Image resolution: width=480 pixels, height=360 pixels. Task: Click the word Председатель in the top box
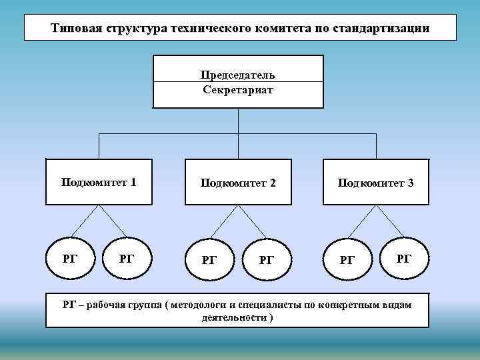[x=238, y=74]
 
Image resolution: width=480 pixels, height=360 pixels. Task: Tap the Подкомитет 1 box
[x=99, y=181]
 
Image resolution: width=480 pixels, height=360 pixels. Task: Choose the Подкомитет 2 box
[x=238, y=182]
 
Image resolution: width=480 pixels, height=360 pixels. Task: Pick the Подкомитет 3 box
[x=375, y=182]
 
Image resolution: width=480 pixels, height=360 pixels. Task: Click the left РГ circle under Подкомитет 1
[x=69, y=258]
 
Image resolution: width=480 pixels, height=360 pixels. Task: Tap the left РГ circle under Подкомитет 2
[x=209, y=259]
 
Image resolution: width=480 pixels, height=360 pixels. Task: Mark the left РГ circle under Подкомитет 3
[x=347, y=259]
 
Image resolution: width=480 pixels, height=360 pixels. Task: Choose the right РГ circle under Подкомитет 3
[x=403, y=257]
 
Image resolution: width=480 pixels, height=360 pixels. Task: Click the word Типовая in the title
[x=74, y=29]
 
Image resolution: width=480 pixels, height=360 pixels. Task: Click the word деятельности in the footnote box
[x=233, y=317]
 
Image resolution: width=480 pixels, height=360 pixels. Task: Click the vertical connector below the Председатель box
[x=238, y=121]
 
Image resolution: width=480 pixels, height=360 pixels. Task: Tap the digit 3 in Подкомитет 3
[x=410, y=182]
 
